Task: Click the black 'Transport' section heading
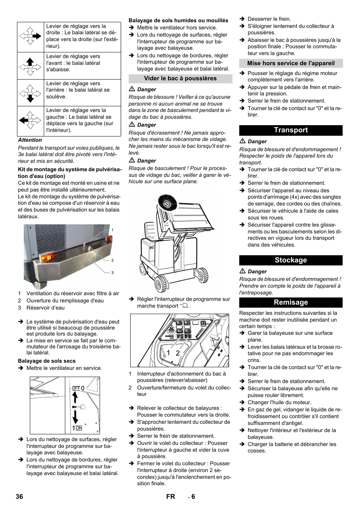pos(291,130)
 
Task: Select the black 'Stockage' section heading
pos(291,260)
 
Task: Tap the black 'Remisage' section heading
pos(291,302)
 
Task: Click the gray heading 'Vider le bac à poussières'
pos(180,78)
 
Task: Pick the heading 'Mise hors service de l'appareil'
pos(291,63)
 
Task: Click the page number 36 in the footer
pos(19,497)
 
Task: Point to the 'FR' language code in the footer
pos(171,497)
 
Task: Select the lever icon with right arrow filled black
pos(30,36)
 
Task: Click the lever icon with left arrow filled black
pos(30,121)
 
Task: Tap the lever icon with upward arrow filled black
pos(30,66)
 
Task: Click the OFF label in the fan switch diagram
pos(76,388)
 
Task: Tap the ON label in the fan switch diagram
pos(78,428)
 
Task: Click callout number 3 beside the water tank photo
pos(112,273)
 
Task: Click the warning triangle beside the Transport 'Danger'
pos(243,141)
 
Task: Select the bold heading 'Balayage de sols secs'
pos(47,361)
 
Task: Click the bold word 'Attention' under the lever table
pos(30,140)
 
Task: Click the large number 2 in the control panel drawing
pos(177,353)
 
